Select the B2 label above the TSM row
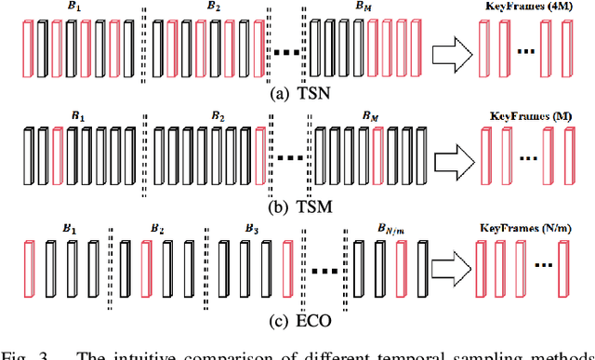[217, 117]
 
